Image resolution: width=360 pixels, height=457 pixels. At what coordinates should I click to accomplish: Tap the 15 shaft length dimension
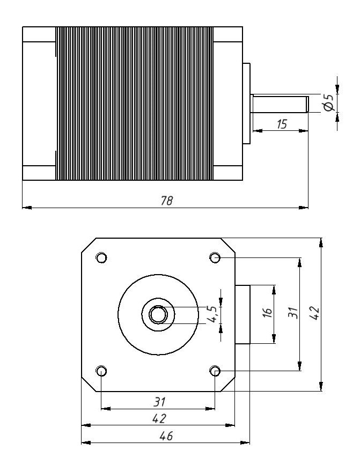(x=281, y=124)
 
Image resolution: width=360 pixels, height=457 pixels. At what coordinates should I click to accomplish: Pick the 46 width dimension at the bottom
(x=166, y=436)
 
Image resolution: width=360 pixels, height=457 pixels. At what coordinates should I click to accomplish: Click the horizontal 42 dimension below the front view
(x=159, y=418)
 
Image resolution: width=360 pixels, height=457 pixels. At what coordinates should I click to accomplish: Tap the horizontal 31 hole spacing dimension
(x=159, y=401)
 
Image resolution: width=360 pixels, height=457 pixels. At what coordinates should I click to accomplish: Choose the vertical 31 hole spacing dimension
(x=292, y=313)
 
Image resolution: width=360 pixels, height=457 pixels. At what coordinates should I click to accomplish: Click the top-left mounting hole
(x=101, y=257)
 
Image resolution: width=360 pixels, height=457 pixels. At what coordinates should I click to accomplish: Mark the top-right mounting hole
(x=215, y=257)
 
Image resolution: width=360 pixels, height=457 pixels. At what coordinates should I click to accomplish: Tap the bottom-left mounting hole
(x=101, y=371)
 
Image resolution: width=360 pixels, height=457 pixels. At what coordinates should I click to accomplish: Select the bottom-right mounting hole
(x=215, y=371)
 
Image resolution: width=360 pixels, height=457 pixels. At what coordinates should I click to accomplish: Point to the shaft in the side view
(x=279, y=104)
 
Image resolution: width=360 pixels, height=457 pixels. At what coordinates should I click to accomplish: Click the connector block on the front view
(x=243, y=314)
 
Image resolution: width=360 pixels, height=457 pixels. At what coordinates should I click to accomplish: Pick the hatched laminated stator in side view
(x=134, y=103)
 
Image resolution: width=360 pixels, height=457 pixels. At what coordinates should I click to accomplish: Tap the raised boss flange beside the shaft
(x=246, y=104)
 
